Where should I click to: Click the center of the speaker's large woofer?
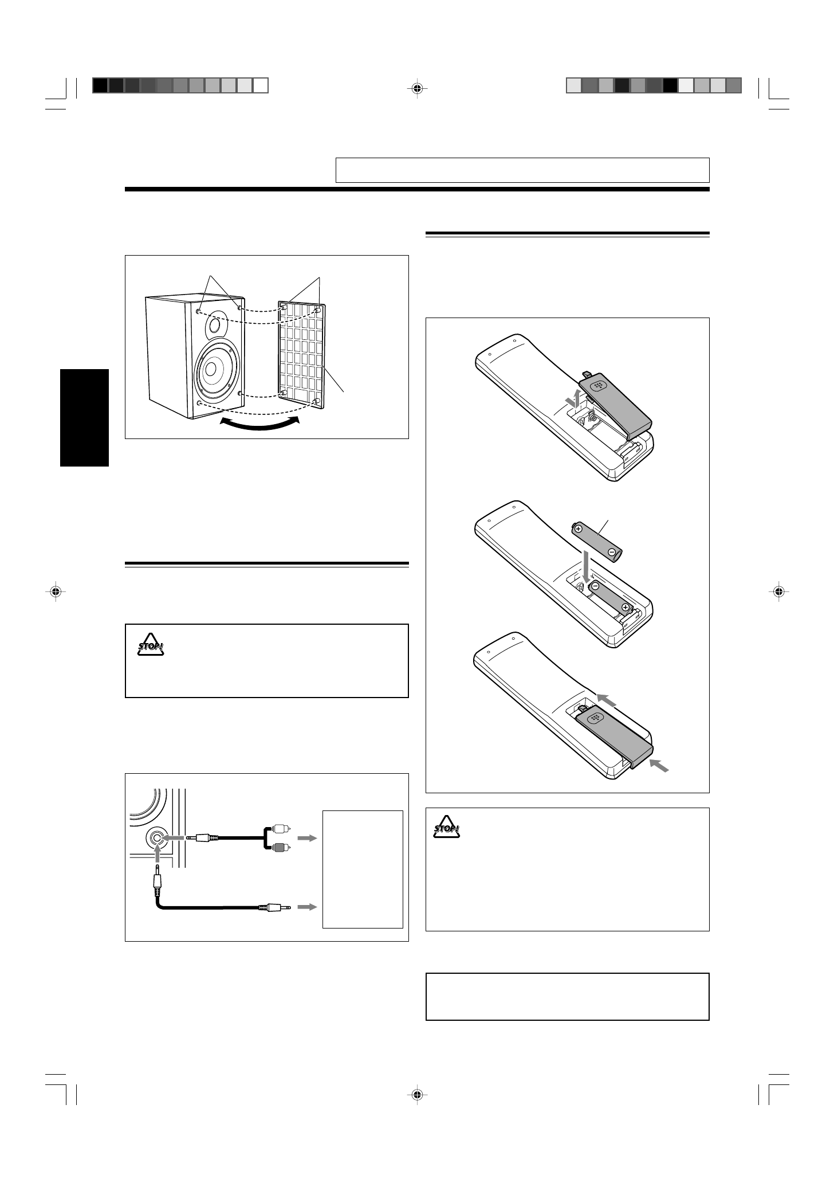pyautogui.click(x=209, y=368)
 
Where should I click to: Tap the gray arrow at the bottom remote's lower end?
pyautogui.click(x=659, y=767)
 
